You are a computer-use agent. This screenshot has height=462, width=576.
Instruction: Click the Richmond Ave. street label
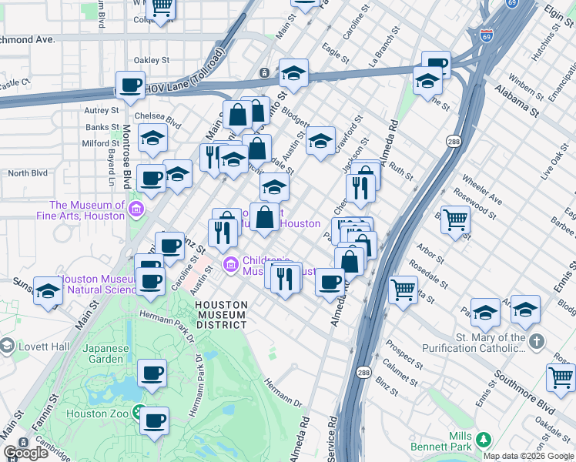tap(28, 38)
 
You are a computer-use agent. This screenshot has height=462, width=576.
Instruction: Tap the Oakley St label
tap(151, 59)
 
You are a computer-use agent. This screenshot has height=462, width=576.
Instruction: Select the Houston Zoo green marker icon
tap(139, 413)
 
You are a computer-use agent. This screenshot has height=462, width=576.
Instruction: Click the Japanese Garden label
tap(107, 353)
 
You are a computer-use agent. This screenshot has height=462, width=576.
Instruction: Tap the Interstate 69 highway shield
tap(486, 35)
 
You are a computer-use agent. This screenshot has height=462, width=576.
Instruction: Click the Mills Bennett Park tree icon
tap(483, 440)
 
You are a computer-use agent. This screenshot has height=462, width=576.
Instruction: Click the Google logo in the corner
tap(25, 453)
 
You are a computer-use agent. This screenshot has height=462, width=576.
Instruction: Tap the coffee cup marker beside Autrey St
tap(130, 85)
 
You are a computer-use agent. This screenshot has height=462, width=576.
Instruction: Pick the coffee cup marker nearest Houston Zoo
tap(154, 420)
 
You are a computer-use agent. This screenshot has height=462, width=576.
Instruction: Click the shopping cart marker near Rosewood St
tap(454, 220)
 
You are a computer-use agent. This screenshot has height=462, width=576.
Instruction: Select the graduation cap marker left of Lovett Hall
tap(48, 291)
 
